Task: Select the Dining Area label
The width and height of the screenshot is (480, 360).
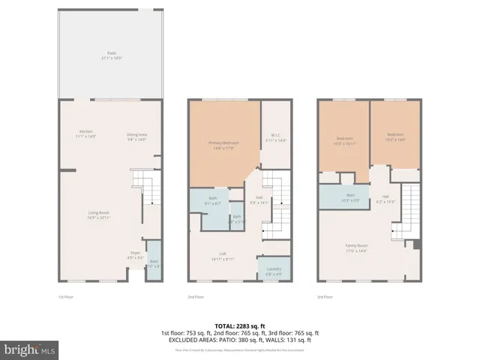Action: [x=136, y=136]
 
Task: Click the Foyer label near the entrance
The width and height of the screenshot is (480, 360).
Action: [x=135, y=255]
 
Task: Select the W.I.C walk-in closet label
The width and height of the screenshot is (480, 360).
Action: [x=273, y=139]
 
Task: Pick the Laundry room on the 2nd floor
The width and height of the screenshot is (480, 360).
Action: [x=273, y=271]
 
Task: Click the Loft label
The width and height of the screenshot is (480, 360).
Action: [x=222, y=256]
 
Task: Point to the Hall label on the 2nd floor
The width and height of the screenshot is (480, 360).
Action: [x=258, y=200]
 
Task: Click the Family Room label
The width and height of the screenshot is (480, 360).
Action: [x=356, y=247]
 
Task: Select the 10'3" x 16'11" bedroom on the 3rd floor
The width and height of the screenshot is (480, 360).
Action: [x=344, y=140]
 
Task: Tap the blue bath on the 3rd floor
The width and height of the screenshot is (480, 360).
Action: [x=350, y=198]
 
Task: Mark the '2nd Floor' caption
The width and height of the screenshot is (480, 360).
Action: [x=196, y=298]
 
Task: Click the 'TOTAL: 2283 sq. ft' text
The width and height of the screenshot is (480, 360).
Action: [x=240, y=325]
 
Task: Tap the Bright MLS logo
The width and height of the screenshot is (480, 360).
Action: [x=30, y=349]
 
